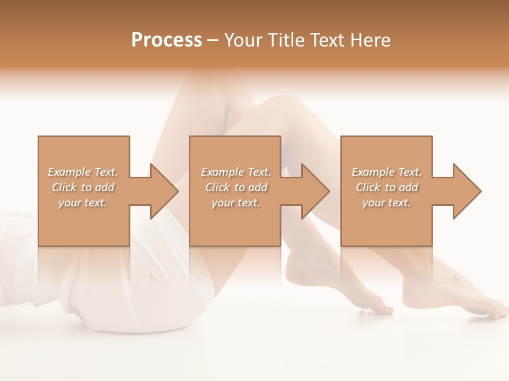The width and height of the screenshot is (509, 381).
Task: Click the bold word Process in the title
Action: (166, 40)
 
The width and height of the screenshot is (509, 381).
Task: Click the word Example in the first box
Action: (69, 172)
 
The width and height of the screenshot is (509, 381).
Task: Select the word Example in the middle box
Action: (222, 172)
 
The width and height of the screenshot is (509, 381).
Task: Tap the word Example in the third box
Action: (373, 172)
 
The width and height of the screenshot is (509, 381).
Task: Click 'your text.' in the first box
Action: (82, 203)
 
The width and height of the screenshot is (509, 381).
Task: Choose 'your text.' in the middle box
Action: (235, 203)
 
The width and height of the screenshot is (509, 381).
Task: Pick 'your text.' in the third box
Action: (386, 203)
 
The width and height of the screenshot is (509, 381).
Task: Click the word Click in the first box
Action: (64, 187)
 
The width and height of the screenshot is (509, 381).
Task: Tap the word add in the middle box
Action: (258, 187)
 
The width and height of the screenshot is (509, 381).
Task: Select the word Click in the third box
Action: (368, 187)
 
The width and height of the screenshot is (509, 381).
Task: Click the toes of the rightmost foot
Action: (498, 309)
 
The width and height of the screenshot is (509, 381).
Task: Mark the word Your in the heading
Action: (242, 40)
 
